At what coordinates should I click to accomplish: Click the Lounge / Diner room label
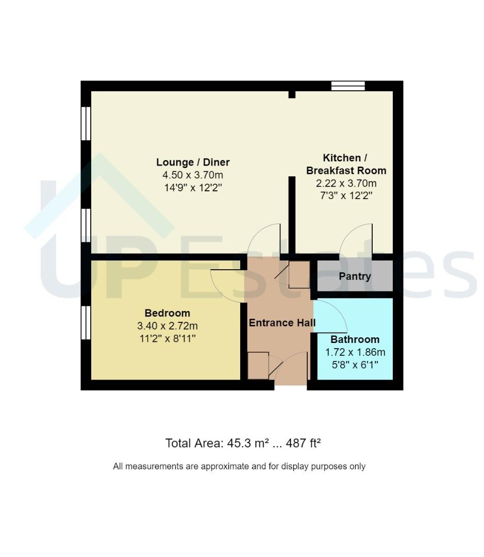pos(193,162)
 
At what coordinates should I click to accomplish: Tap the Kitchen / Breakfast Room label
pos(346,164)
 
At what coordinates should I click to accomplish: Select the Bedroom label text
pos(167,313)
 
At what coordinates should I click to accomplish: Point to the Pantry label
pos(355,276)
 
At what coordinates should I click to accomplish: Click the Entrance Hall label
pos(282,322)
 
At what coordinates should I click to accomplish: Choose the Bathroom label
pos(355,339)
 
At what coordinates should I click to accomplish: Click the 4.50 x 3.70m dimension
pos(193,175)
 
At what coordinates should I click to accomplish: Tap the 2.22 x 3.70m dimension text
pos(346,183)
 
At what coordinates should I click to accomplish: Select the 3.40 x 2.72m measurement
pos(167,326)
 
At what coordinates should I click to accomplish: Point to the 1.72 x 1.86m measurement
pos(355,352)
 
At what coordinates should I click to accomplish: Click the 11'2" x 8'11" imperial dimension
pos(167,338)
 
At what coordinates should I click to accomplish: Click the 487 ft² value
pos(303,443)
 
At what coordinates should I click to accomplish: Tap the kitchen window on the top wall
pos(348,86)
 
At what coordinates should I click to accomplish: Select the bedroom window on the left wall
pos(86,323)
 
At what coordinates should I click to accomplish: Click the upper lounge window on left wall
pos(86,124)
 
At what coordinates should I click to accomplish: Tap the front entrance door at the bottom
pos(291,366)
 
